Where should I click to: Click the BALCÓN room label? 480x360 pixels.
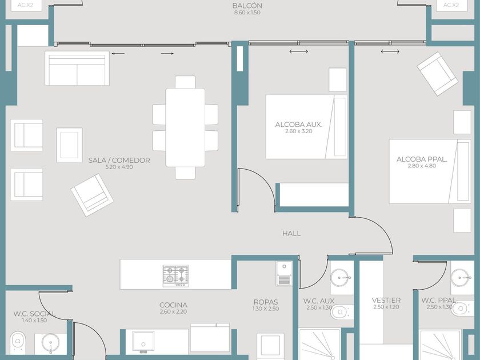tap(247, 6)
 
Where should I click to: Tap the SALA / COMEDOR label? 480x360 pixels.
tap(119, 160)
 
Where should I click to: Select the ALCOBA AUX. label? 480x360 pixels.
tap(298, 125)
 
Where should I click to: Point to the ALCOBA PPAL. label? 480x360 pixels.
tap(422, 159)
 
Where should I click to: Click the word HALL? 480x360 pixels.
tap(291, 234)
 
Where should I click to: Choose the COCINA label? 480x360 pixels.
tap(173, 305)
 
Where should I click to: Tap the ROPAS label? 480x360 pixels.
tap(266, 302)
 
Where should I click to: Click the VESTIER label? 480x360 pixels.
tap(386, 301)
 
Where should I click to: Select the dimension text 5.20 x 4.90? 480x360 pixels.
tap(119, 167)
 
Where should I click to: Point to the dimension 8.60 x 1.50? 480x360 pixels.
tap(247, 13)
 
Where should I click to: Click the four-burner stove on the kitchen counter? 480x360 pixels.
tap(175, 276)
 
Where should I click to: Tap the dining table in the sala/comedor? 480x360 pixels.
tap(185, 127)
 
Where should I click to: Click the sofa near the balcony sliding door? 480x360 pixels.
tap(77, 68)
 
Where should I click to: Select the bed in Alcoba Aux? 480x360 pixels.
tap(306, 127)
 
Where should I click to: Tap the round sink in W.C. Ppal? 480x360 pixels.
tap(460, 278)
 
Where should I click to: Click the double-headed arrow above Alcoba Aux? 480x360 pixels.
tap(298, 51)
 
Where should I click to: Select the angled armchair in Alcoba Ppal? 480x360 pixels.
tap(438, 74)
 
